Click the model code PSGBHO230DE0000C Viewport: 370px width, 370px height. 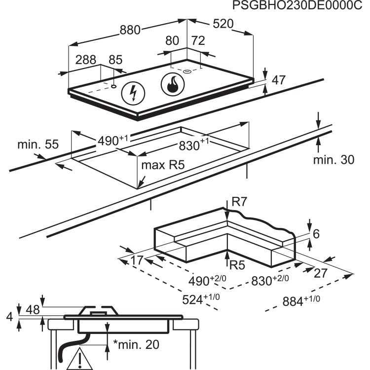(x=300, y=6)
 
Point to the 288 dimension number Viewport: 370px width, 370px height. (x=86, y=60)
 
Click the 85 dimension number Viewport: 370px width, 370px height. (x=115, y=60)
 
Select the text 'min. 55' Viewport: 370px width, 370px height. (x=37, y=145)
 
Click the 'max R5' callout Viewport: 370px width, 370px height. (x=163, y=165)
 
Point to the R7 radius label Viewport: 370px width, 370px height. (x=239, y=202)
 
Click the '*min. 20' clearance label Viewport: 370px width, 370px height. (x=136, y=344)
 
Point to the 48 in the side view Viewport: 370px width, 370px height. (x=33, y=309)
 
